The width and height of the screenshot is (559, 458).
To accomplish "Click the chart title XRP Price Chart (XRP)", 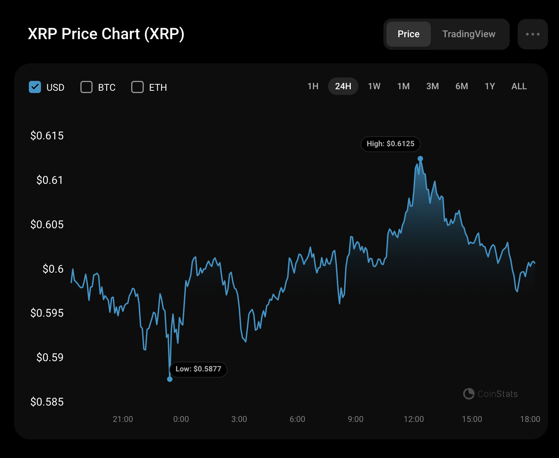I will [106, 34].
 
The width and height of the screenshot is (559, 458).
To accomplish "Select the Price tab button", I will [408, 34].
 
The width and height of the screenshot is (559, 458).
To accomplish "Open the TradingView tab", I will [469, 34].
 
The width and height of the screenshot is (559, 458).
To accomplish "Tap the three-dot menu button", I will [532, 34].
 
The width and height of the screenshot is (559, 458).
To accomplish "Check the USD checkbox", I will [35, 87].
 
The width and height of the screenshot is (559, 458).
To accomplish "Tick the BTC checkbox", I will [86, 87].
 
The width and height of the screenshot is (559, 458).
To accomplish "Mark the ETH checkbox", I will [137, 87].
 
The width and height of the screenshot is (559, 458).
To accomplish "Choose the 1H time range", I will [313, 86].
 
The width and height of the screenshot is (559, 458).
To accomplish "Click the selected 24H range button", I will [343, 86].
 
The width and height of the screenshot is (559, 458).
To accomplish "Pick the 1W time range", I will [374, 86].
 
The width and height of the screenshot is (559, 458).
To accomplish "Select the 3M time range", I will [432, 86].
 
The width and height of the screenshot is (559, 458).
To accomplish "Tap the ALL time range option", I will [519, 86].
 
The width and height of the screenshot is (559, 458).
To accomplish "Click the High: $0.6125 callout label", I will [390, 144].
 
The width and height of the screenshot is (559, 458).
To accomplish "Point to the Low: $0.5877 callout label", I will [198, 369].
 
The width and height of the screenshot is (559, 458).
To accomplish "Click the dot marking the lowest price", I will [170, 379].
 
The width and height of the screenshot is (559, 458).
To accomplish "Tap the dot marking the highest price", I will [420, 159].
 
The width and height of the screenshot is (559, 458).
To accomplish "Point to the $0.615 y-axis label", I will [47, 136].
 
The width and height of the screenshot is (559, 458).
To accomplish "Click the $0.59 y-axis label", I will [50, 357].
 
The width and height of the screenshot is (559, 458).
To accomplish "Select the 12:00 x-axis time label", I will [414, 419].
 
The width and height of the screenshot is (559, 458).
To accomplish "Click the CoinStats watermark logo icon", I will [469, 394].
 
